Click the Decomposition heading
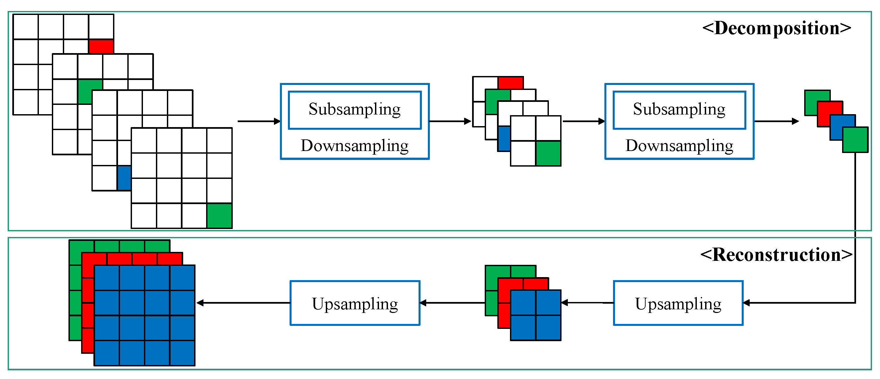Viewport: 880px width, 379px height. coord(776,28)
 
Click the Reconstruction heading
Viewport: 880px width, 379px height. coord(776,255)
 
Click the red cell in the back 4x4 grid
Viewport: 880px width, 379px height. coord(101,46)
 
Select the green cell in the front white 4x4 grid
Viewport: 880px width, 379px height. coord(219,216)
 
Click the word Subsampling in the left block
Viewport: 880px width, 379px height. coord(355,110)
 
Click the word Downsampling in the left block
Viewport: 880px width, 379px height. coord(355,146)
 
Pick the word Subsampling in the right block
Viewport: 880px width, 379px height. coord(679,110)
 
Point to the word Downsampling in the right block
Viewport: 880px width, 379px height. coord(679,146)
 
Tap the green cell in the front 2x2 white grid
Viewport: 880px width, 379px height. coord(548,154)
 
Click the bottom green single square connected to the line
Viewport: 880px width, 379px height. coord(855,139)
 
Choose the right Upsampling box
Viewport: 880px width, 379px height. coord(678,303)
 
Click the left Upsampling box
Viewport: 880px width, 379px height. coord(355,303)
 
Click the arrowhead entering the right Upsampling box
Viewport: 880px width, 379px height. coord(747,303)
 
